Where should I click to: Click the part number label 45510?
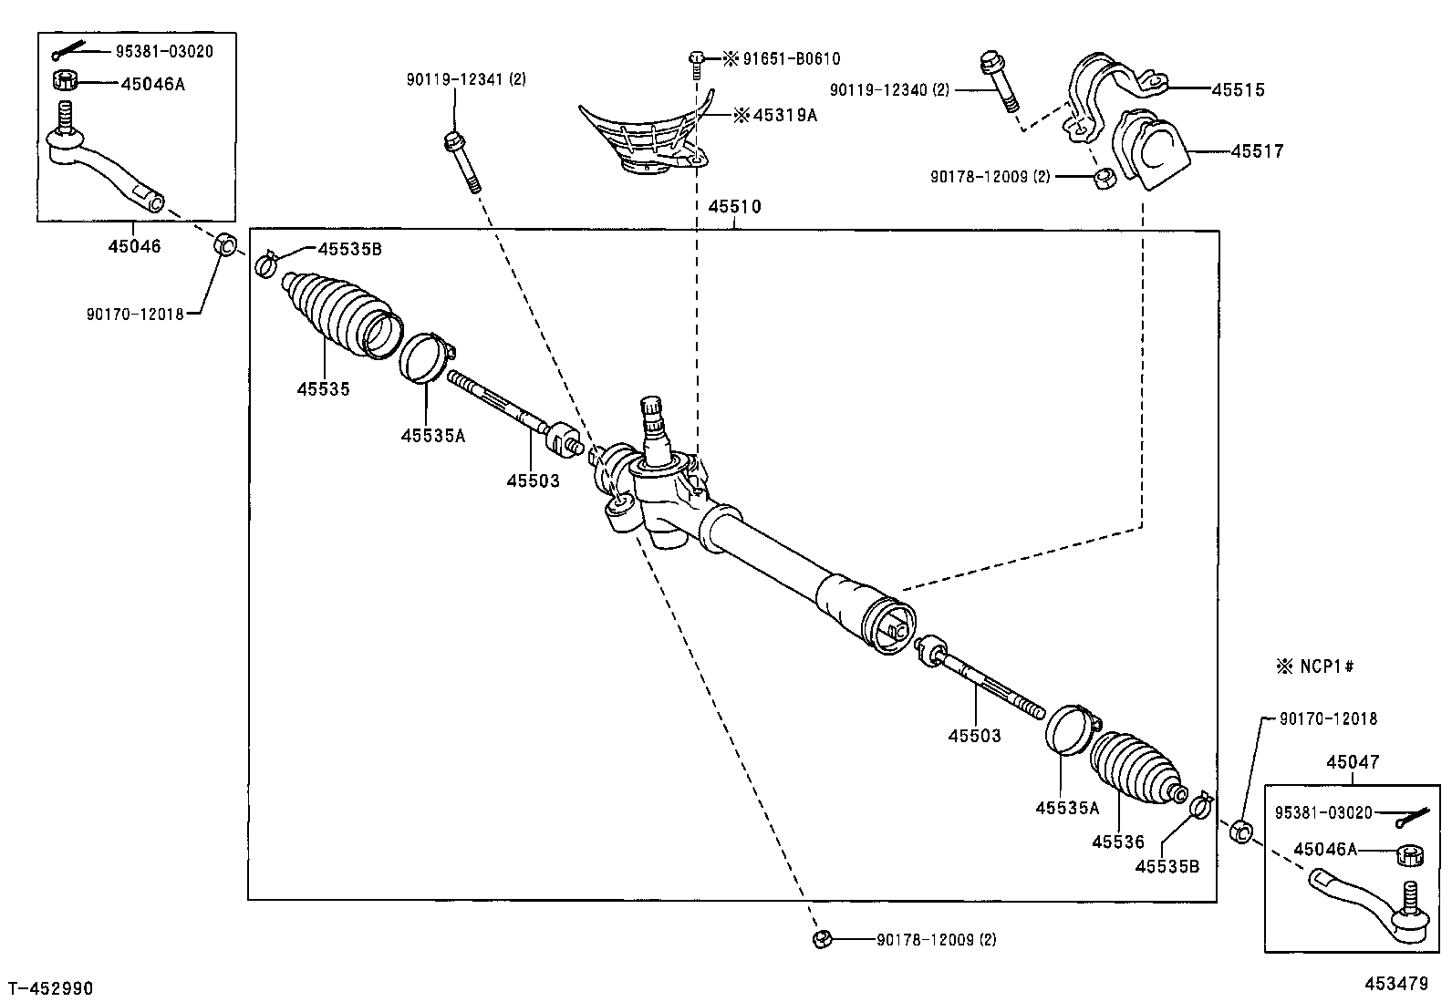coord(734,207)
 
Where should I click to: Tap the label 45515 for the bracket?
coord(1238,89)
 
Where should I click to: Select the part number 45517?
coord(1256,151)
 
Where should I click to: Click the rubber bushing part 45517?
coord(1152,150)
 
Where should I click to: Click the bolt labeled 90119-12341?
coord(461,163)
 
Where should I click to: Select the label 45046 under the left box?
coord(134,246)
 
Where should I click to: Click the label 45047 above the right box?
coord(1353,761)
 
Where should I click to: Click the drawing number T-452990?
coord(50,987)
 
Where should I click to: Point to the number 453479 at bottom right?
coord(1395,983)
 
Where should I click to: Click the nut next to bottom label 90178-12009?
coord(820,938)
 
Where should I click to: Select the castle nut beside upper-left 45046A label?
coord(66,81)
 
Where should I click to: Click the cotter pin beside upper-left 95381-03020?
coord(68,49)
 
